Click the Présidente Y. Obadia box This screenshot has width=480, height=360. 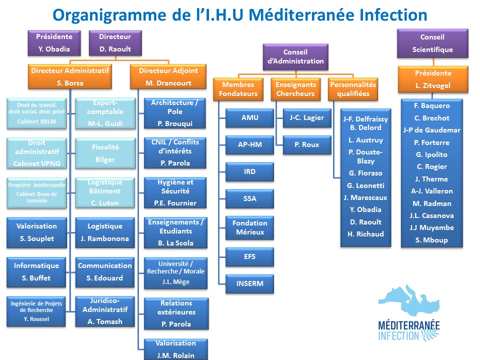[54, 43]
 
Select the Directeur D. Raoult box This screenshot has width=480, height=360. [115, 43]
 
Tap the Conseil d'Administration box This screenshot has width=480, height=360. [295, 56]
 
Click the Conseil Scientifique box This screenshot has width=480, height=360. [432, 43]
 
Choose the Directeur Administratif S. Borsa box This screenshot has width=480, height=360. [70, 76]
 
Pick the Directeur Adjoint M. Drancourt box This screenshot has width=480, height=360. [168, 76]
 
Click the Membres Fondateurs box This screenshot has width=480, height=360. [238, 89]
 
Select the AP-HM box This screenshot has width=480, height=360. [250, 145]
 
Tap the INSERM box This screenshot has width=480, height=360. [250, 284]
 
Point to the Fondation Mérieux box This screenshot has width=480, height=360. [250, 227]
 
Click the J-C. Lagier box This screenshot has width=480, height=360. [307, 118]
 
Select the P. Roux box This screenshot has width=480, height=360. [307, 145]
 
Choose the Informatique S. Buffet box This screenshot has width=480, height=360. [36, 272]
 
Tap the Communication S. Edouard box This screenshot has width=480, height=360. [104, 272]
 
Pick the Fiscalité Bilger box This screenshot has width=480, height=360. [104, 153]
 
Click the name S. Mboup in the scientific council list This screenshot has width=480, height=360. [431, 240]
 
